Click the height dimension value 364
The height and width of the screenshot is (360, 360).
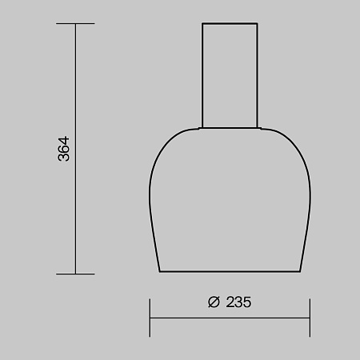click(x=65, y=149)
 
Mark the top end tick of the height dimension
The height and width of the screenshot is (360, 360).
click(x=75, y=24)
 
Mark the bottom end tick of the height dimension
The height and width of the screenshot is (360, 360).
click(x=75, y=274)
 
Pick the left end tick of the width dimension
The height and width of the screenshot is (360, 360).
click(x=150, y=317)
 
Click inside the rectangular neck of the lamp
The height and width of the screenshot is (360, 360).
click(x=230, y=76)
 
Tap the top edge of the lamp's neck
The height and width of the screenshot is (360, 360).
click(x=230, y=25)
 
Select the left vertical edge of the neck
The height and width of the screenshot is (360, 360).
click(x=202, y=76)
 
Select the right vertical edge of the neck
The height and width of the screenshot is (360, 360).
click(x=258, y=76)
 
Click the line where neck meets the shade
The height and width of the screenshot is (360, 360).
click(x=230, y=128)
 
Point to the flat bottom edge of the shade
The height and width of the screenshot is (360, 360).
click(x=230, y=271)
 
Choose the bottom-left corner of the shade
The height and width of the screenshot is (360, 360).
click(x=161, y=271)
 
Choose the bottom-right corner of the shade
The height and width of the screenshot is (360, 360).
click(x=300, y=271)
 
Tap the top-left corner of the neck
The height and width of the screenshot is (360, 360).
click(x=202, y=25)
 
